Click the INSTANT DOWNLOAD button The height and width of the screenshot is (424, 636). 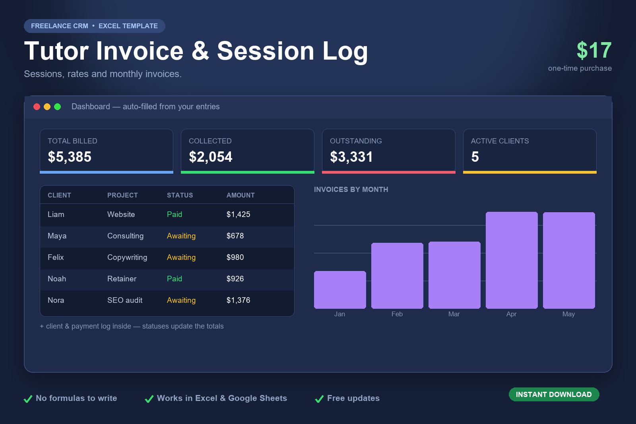click(554, 394)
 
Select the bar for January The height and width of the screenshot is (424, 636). click(340, 290)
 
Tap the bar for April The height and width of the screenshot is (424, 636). click(512, 260)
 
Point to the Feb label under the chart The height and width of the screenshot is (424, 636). click(397, 314)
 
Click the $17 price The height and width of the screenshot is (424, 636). click(594, 50)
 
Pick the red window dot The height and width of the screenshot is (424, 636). click(37, 107)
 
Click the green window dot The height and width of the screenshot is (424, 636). click(57, 107)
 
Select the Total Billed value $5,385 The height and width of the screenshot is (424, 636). click(70, 157)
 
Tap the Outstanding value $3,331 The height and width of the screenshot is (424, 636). click(351, 157)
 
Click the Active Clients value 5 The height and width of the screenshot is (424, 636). click(475, 157)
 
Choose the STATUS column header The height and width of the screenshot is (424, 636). click(180, 195)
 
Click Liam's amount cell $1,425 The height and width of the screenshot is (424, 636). click(238, 214)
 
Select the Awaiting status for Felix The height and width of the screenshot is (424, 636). click(181, 257)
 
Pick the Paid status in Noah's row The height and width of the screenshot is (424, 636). click(175, 279)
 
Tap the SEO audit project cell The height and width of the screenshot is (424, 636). click(125, 300)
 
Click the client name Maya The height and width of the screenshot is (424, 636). click(57, 236)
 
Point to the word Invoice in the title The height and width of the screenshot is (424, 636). click(140, 51)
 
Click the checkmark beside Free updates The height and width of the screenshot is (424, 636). click(320, 399)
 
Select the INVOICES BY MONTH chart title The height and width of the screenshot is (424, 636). click(351, 190)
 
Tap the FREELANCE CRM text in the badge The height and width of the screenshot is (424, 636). click(60, 26)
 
